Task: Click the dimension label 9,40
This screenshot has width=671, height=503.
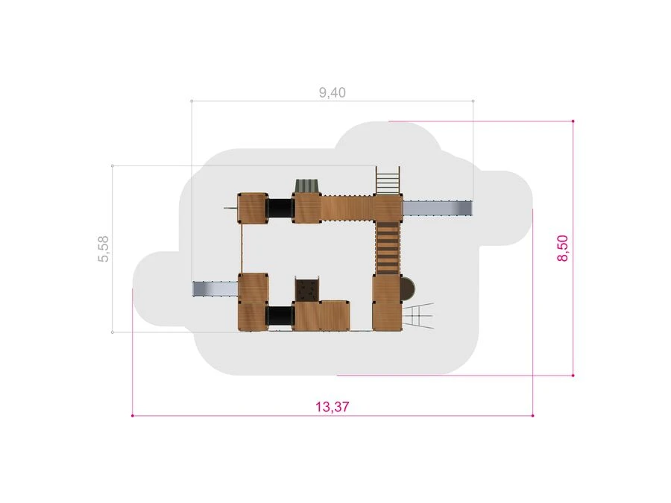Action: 332,92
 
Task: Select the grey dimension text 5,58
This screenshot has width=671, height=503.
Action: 104,248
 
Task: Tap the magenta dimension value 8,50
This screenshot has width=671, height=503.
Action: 563,248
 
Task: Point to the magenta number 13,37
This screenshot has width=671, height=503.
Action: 332,406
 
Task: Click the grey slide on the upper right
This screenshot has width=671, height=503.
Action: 438,209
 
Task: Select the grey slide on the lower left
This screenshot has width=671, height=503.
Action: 215,288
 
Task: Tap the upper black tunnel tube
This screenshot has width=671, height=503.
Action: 280,209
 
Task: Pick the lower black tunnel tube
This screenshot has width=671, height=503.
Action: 280,316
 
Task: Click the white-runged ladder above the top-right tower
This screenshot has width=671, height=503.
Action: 388,180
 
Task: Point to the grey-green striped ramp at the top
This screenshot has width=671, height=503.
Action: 307,186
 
